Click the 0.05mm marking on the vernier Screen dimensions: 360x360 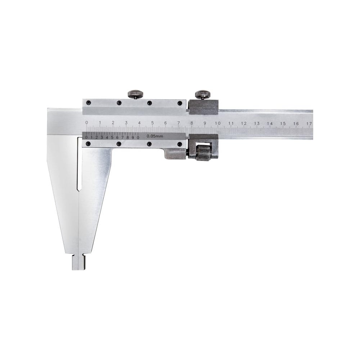[155, 136]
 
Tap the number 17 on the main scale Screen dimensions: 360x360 [309, 123]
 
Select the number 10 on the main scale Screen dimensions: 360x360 [218, 123]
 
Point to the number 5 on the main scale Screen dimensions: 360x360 [152, 123]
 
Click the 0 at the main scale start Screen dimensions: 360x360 [86, 122]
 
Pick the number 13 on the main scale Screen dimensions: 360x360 [257, 123]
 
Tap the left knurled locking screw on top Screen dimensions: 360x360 [136, 94]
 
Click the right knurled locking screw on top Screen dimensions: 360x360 [203, 94]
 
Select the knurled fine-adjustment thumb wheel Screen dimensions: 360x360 [203, 153]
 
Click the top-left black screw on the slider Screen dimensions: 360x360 [88, 102]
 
